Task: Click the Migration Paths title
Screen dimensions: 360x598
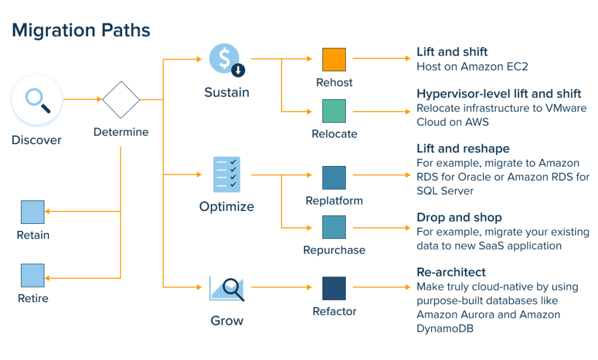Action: click(81, 30)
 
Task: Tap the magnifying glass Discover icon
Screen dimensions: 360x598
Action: click(37, 100)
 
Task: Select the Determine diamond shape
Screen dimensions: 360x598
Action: click(121, 100)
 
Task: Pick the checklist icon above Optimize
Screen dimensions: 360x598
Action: click(227, 174)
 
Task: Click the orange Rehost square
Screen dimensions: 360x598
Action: click(334, 60)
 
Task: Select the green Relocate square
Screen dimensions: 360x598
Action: click(334, 111)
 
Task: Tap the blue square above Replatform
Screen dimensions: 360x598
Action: click(334, 178)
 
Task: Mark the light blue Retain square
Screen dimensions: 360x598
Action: click(33, 212)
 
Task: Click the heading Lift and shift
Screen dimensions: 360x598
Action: click(452, 52)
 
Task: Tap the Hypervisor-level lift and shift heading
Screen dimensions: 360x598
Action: click(499, 94)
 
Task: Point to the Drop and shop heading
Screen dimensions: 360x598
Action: click(459, 217)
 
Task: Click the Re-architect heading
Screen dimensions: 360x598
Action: click(451, 272)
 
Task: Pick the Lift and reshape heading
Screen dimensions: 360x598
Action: click(463, 148)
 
